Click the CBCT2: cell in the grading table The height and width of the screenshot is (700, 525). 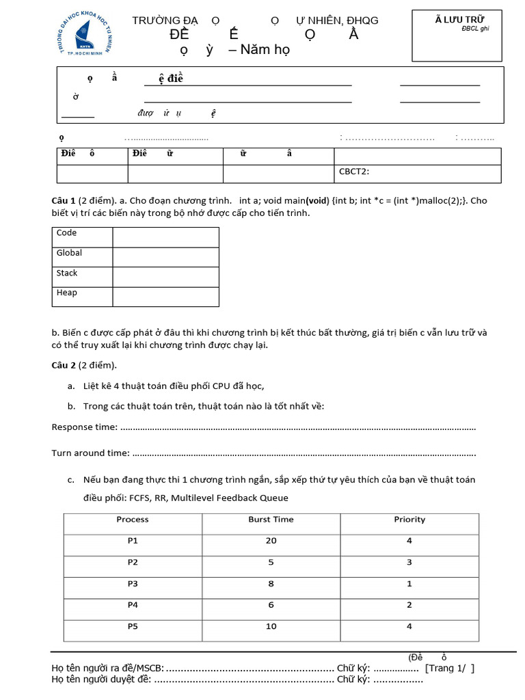pos(354,172)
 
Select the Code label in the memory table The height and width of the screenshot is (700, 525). pos(66,233)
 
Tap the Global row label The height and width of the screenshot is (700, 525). pos(69,253)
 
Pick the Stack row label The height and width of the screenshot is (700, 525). pos(67,273)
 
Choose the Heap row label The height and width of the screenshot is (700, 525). pos(67,293)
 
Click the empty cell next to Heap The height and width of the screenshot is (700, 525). pos(165,296)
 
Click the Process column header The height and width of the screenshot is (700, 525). pos(133,520)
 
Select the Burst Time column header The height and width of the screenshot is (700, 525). pos(271,520)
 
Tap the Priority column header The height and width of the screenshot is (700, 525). pos(409,520)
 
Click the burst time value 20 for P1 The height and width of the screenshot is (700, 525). pos(271,541)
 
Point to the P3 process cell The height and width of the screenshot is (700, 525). pos(133,583)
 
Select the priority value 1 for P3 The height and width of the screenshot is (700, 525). pos(409,583)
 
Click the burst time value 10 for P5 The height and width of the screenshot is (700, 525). pos(271,626)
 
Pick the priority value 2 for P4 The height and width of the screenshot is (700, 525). pos(409,604)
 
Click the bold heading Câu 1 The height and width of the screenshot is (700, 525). pos(64,201)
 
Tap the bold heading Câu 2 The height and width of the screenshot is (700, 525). pos(64,364)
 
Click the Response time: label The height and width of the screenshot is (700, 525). pos(85,428)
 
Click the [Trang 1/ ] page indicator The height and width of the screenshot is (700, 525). pos(449,668)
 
